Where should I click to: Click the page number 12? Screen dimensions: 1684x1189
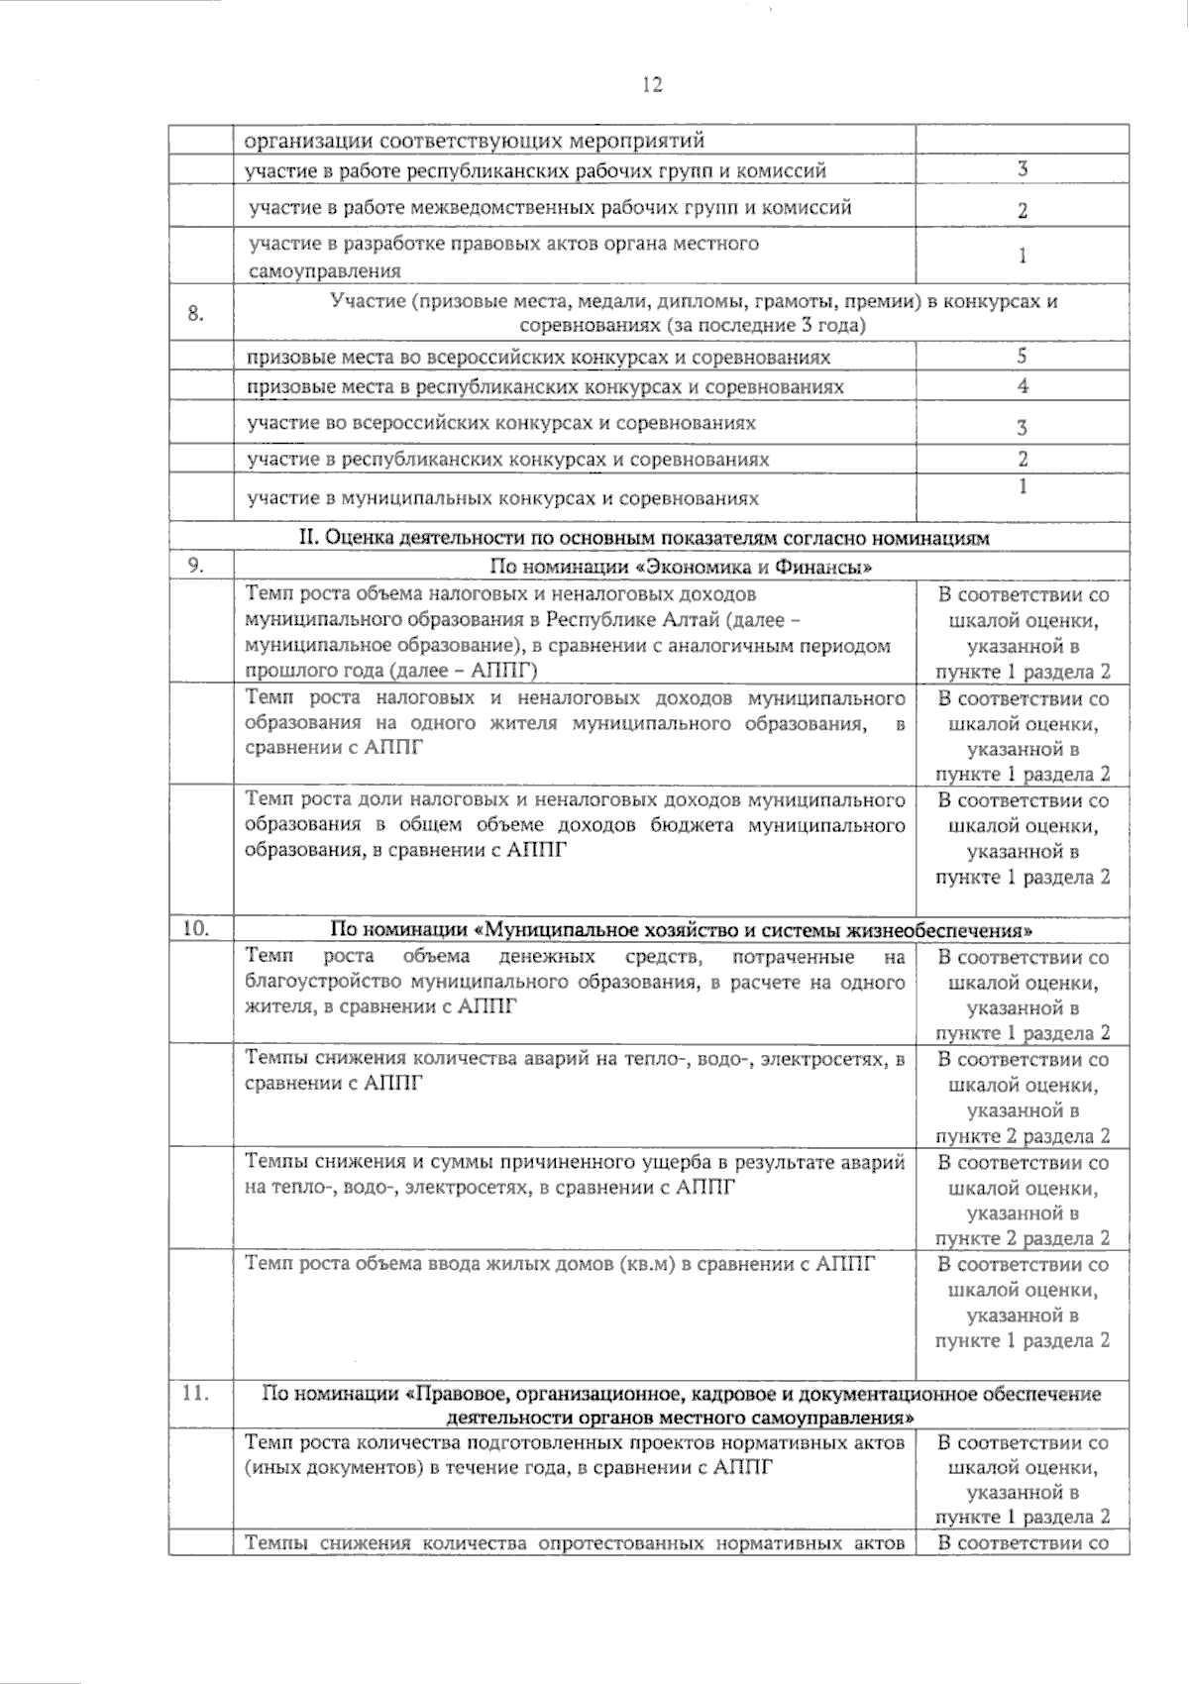click(652, 84)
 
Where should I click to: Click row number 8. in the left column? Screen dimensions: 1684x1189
click(196, 314)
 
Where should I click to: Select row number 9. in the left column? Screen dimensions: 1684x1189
click(196, 566)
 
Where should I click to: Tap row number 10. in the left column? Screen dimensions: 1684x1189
click(196, 929)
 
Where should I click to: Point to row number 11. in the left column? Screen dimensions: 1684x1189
click(196, 1392)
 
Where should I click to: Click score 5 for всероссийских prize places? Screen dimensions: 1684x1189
click(1023, 356)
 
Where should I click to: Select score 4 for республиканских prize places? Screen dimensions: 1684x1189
click(1023, 385)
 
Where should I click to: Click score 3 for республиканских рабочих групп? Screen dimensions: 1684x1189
click(1023, 169)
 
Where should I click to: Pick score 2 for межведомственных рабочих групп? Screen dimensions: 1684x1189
click(1023, 210)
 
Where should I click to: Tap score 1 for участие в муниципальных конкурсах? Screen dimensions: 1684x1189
click(1023, 486)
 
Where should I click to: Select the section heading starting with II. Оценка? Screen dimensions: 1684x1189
click(644, 538)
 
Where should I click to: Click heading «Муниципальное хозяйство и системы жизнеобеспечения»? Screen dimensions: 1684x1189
click(683, 930)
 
